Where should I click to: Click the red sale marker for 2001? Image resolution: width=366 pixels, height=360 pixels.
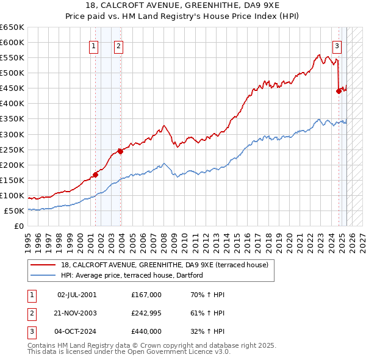[95, 175]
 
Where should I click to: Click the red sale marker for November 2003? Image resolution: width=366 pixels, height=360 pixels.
[120, 151]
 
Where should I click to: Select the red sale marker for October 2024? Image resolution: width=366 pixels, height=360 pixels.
[339, 91]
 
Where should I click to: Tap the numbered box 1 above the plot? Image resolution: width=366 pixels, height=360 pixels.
[94, 46]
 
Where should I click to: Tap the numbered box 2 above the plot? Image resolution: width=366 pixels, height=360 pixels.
[118, 46]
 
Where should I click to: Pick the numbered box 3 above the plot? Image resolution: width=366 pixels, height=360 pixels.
[337, 46]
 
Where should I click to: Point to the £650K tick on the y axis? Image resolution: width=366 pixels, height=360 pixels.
[12, 27]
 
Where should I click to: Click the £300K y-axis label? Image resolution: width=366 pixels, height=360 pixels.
[12, 134]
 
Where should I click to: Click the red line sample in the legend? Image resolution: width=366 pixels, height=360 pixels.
[43, 264]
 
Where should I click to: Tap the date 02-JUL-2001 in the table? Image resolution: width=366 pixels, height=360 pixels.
[77, 295]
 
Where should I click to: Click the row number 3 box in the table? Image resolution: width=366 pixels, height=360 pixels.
[32, 331]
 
